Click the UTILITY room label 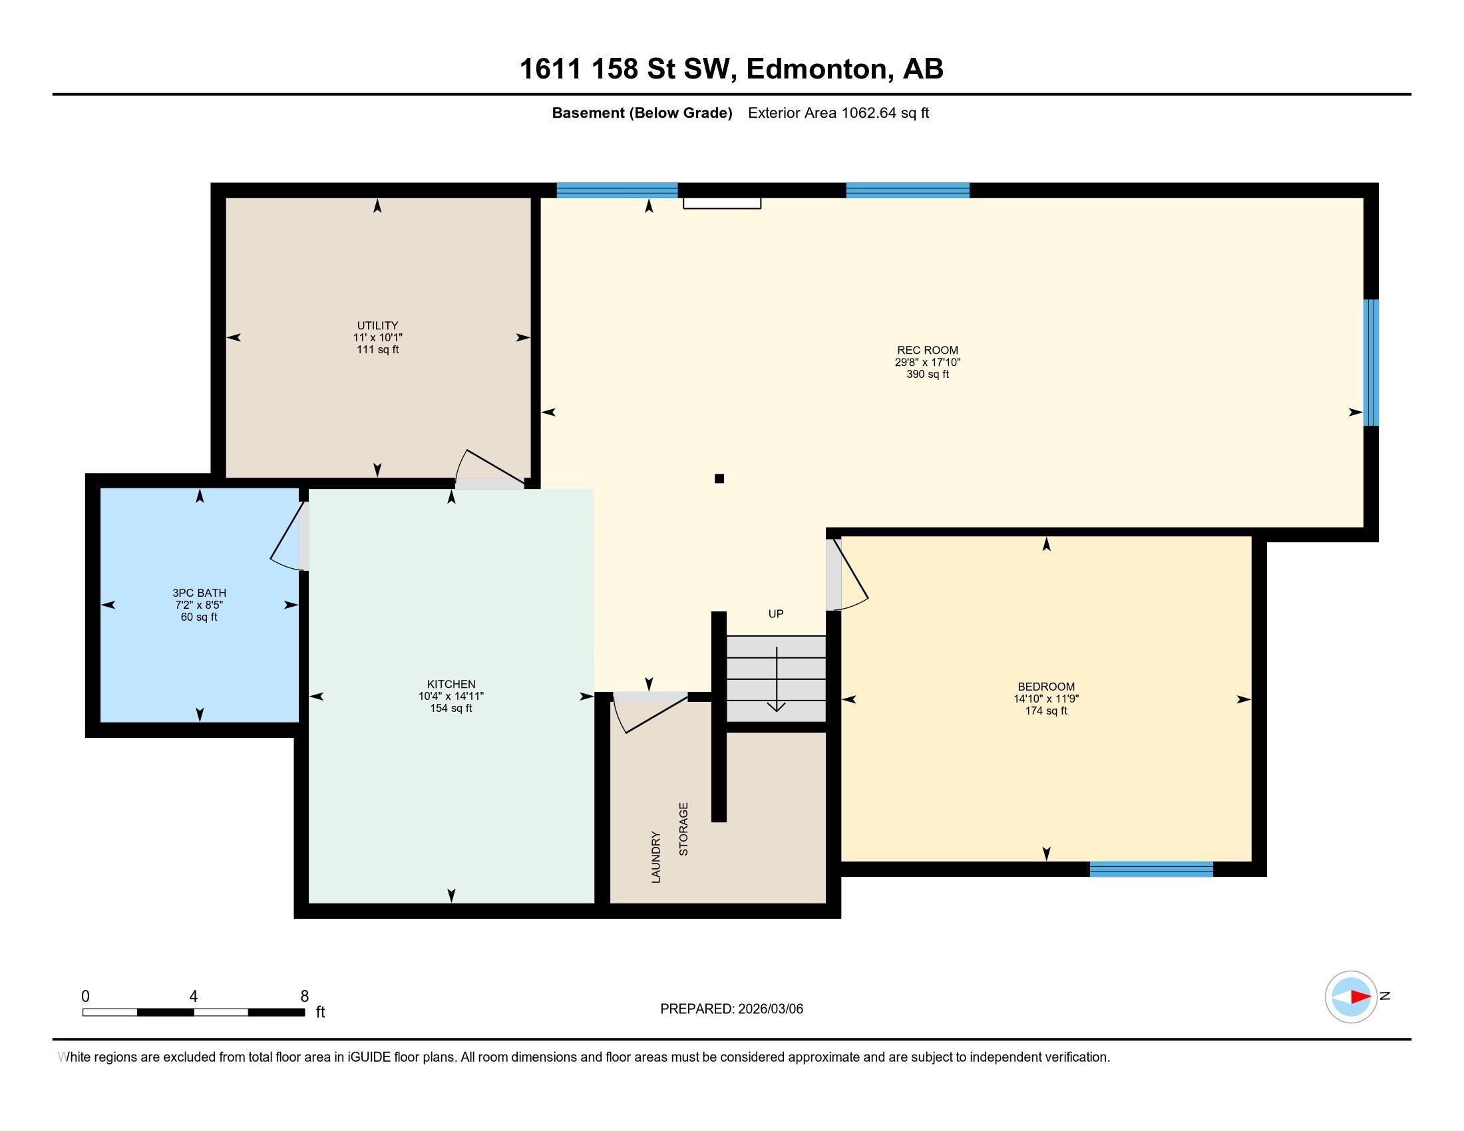(377, 325)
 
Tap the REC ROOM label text (928, 350)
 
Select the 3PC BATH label (199, 593)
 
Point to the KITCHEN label (451, 684)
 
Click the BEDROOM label (1045, 687)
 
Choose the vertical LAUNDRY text (656, 857)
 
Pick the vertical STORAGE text (683, 829)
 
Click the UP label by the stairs (775, 614)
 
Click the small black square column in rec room (719, 478)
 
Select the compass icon (1351, 997)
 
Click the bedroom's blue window (1151, 869)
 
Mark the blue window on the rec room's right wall (1372, 363)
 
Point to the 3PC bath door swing (287, 536)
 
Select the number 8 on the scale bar (304, 997)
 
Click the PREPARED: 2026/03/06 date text (731, 1009)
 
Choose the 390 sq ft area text (928, 374)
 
